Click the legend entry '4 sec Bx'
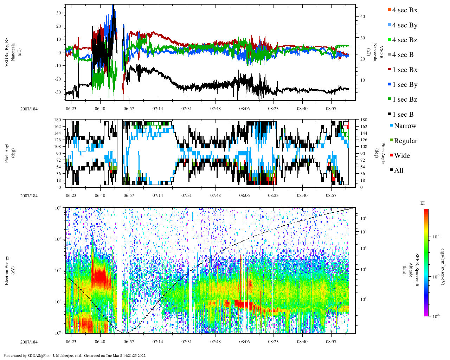tap(405, 10)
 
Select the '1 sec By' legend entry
tap(405, 85)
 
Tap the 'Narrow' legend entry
tap(405, 126)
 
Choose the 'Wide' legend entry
tap(402, 156)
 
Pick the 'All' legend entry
tap(399, 171)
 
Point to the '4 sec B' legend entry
tap(403, 55)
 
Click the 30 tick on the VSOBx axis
tap(59, 13)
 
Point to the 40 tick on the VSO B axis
tap(363, 17)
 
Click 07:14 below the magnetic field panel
tap(157, 109)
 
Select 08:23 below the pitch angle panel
tap(273, 195)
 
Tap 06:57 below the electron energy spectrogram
tap(129, 342)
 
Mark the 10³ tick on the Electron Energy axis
tap(58, 239)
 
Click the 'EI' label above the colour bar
tap(423, 203)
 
